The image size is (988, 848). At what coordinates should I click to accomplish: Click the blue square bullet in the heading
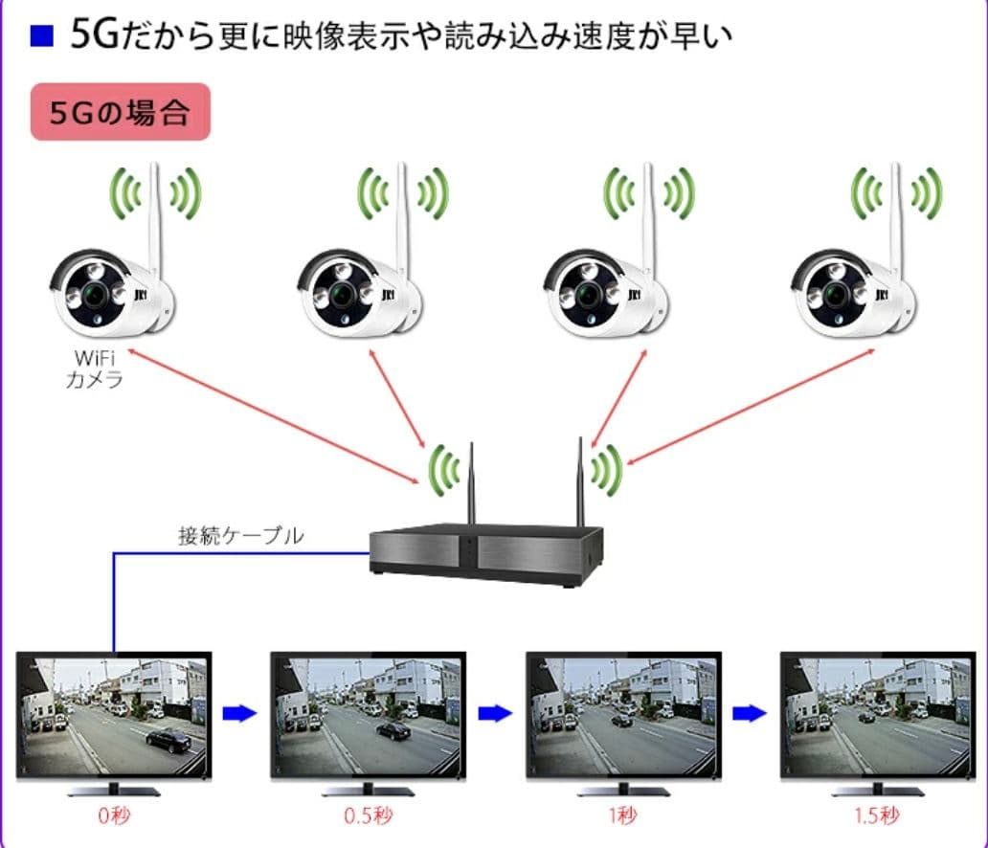coord(41,36)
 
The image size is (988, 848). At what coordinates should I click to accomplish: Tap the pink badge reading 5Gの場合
coord(120,113)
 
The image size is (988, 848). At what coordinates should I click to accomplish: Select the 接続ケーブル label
coord(240,535)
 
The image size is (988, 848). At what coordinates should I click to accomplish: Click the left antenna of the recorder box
coord(471,483)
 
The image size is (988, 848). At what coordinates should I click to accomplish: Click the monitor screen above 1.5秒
coord(876,715)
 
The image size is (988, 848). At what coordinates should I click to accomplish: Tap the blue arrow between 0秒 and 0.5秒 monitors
coord(239,713)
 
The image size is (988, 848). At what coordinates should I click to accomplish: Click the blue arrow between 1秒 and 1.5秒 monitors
coord(749,713)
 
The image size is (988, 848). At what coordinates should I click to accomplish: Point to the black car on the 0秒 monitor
coord(168,738)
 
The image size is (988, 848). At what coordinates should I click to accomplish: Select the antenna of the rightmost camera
coord(896,215)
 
